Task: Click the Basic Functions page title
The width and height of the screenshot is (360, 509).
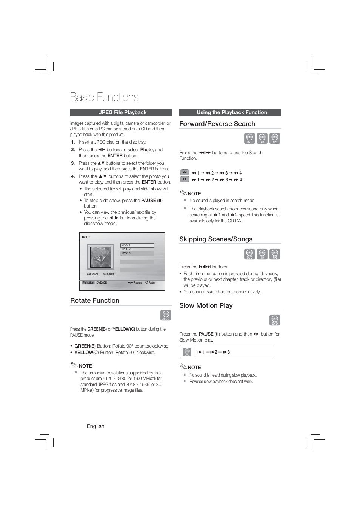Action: tap(105, 97)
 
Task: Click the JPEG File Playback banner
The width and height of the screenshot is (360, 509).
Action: tap(121, 112)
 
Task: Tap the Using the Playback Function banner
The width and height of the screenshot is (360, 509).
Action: tap(230, 112)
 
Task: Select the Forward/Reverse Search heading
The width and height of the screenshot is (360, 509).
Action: tap(217, 124)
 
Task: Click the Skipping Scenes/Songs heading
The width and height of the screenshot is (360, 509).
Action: tap(216, 239)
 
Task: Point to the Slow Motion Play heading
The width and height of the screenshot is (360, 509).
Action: tap(206, 305)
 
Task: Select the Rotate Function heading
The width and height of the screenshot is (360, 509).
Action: tap(95, 300)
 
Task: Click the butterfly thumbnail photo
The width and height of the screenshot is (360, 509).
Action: tap(100, 257)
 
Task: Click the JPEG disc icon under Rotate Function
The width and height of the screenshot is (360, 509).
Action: tap(166, 315)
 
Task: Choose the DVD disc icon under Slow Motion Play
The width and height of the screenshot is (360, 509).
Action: tap(275, 320)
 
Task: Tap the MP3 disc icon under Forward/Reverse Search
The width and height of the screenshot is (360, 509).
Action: tap(275, 138)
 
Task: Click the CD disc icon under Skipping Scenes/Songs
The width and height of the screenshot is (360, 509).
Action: tap(262, 254)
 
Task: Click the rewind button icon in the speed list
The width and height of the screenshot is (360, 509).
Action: tap(184, 172)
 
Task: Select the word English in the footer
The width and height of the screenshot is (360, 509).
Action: tap(95, 426)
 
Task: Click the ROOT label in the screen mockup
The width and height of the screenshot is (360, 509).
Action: tap(86, 237)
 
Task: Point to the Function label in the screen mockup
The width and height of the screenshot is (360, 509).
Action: tap(88, 282)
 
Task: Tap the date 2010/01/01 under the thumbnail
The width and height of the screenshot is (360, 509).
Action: tap(109, 274)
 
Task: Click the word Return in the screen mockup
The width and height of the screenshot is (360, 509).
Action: tap(153, 282)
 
